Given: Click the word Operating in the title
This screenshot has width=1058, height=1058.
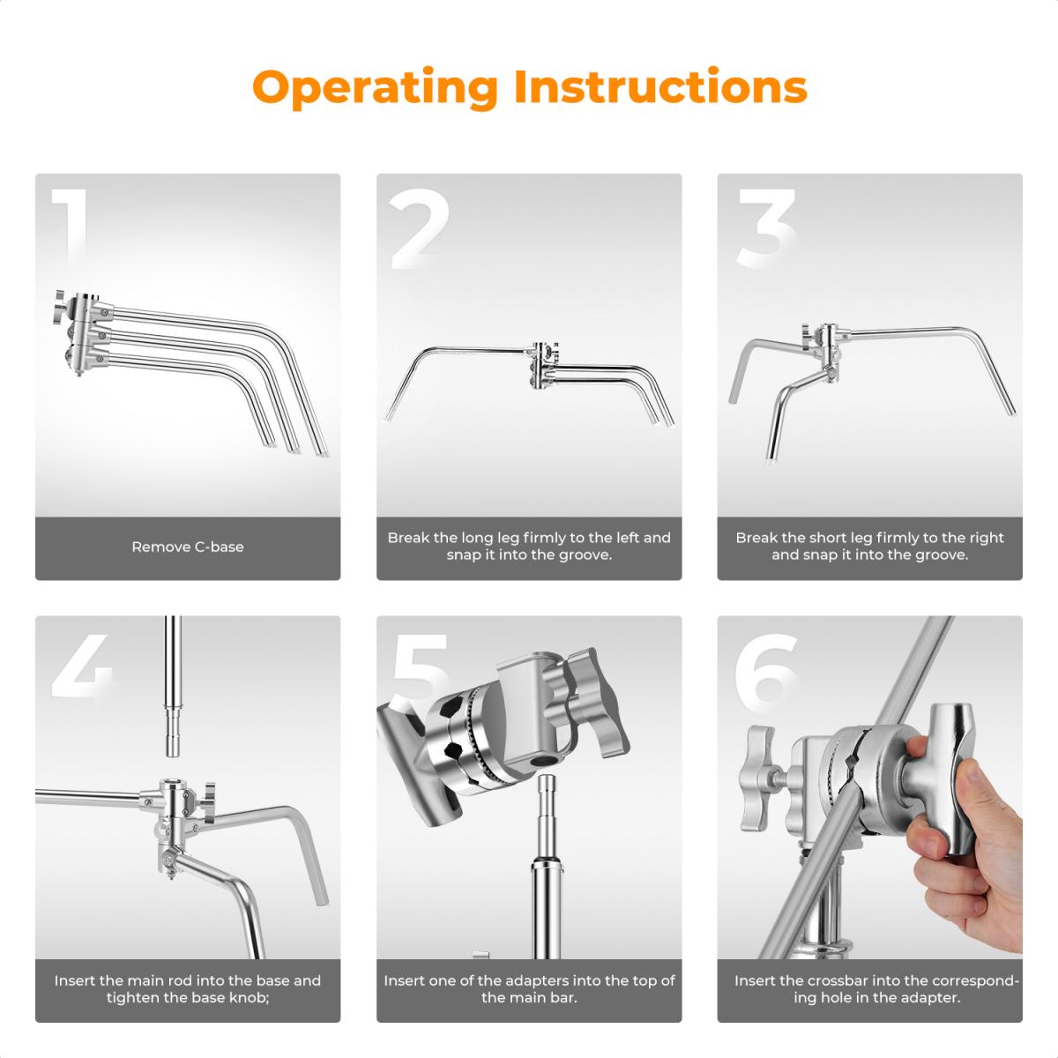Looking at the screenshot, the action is [x=375, y=88].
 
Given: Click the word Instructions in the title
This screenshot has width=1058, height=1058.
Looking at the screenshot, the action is [x=661, y=86].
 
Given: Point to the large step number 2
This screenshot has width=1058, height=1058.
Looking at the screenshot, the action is [x=420, y=228].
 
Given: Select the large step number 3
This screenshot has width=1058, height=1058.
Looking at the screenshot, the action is [x=766, y=228].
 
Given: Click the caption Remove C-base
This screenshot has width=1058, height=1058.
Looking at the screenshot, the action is [x=188, y=547].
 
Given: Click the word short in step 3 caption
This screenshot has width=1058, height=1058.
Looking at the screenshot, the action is [x=828, y=538].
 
